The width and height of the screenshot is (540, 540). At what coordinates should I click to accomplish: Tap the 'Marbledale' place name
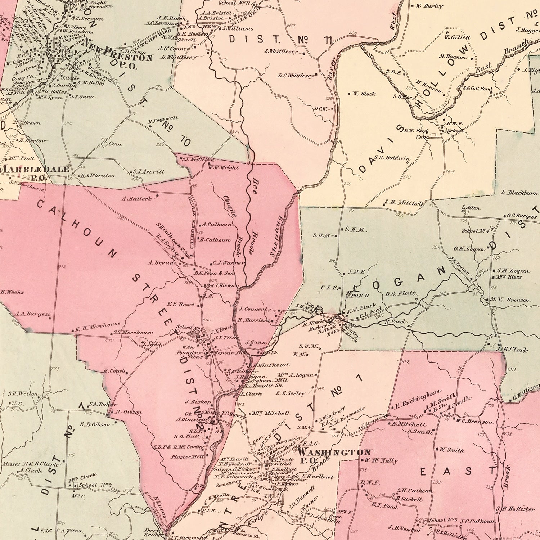coord(35,169)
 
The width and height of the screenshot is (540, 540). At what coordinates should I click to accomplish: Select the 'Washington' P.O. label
coord(334,452)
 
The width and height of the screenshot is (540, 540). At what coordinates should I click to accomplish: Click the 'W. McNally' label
coord(382,460)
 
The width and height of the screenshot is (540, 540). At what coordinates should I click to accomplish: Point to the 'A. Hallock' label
coord(137,198)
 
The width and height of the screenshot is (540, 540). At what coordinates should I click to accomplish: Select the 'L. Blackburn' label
coord(519,193)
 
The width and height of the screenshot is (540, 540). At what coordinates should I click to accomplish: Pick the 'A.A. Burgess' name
coord(32,314)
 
